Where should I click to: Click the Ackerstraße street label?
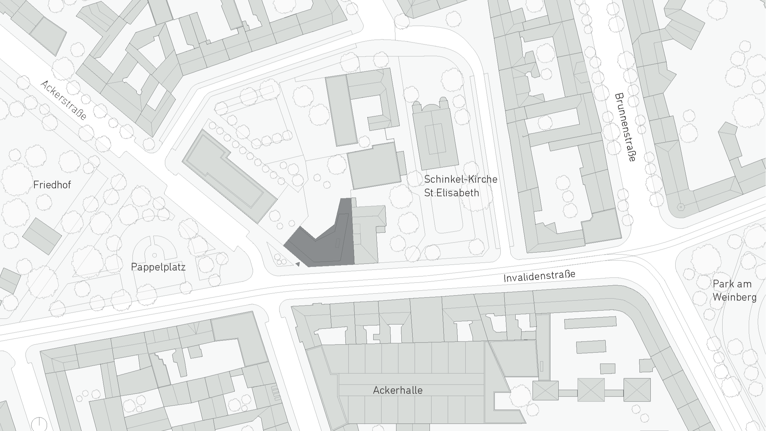point(64,100)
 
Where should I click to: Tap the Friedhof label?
point(52,185)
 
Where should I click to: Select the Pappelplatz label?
point(158,267)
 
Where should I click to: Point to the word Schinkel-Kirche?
point(460,179)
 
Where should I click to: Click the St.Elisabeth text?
point(451,192)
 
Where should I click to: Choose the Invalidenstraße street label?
point(539,276)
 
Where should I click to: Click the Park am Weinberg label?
point(734,290)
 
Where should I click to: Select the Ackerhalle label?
point(397,390)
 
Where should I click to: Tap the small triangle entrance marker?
point(298,264)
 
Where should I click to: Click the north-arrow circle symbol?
point(39,424)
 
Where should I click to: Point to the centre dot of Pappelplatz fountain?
point(154,255)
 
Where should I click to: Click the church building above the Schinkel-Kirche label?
point(435,136)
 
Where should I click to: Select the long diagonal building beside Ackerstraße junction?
point(229,176)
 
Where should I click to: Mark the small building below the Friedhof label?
point(42,236)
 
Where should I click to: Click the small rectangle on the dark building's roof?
point(337,243)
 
